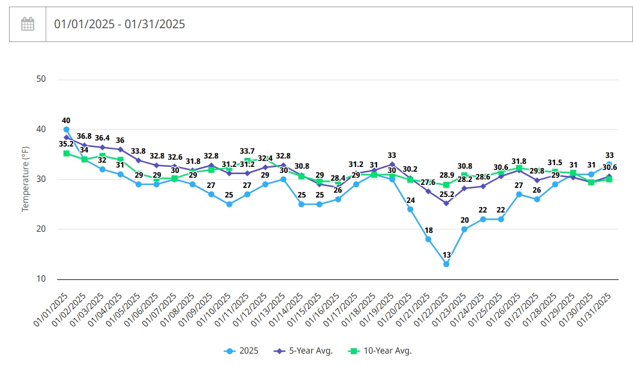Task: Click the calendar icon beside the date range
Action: point(28,24)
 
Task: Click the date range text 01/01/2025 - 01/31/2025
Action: point(120,24)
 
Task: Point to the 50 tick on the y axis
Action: point(41,79)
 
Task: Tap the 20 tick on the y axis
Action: point(41,229)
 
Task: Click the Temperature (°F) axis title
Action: point(25,179)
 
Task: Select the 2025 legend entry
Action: point(241,351)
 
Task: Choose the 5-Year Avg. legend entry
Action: point(303,351)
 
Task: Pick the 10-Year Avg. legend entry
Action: point(380,351)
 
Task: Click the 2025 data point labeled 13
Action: point(446,264)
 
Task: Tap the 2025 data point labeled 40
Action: point(66,130)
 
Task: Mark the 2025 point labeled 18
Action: point(428,239)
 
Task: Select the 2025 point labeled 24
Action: point(410,210)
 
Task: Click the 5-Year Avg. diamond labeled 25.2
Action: point(446,204)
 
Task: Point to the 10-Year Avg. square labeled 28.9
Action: point(446,185)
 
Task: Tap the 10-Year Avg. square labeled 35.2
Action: point(66,153)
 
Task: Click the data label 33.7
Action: point(247,151)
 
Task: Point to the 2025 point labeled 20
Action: point(464,229)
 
